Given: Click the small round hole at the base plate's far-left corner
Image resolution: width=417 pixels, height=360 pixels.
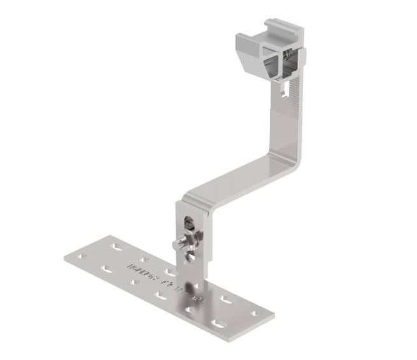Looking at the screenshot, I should coord(80,256).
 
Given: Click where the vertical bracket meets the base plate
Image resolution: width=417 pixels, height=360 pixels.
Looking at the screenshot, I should coord(191,280).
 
